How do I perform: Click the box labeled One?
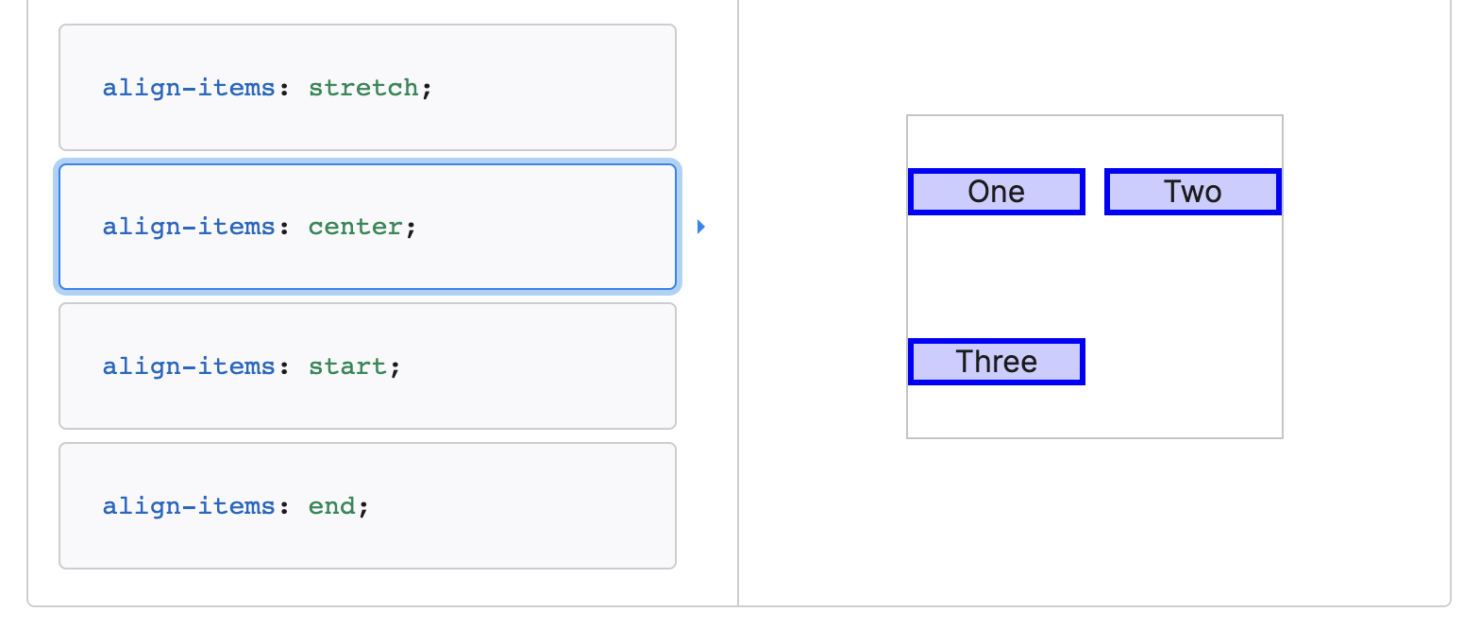(996, 192)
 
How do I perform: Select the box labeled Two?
(1192, 192)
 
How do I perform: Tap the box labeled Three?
(996, 362)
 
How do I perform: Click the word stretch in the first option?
(363, 88)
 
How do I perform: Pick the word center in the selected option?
(356, 228)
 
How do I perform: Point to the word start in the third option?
(347, 366)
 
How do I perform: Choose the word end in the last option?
(332, 506)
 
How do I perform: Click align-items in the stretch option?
(189, 88)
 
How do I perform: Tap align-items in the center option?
(189, 228)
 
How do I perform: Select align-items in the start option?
(189, 366)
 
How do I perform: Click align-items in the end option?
(189, 506)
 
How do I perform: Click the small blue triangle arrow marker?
(700, 227)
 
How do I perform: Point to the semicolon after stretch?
(427, 89)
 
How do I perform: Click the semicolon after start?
(395, 367)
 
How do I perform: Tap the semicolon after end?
(364, 507)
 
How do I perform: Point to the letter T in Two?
(1172, 192)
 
